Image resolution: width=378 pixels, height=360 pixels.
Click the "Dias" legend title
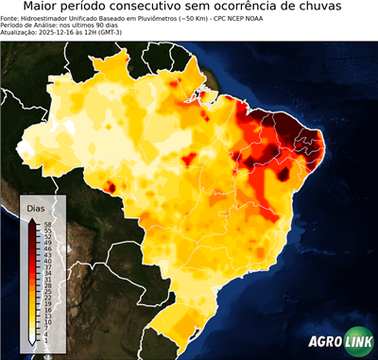pos(37,207)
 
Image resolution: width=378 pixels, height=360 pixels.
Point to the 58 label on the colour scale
pos(46,223)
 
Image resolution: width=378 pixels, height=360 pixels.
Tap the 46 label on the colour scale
pos(46,248)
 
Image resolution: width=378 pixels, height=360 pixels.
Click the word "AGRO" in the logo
pos(326,343)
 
